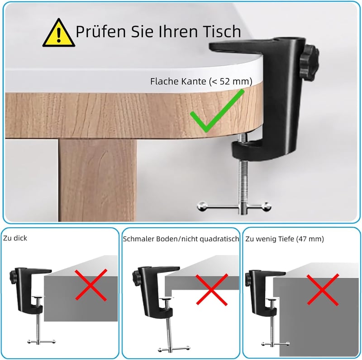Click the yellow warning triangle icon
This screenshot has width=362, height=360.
pos(59,34)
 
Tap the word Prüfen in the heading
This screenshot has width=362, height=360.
pos(102,32)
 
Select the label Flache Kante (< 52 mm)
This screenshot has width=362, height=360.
pos(201,82)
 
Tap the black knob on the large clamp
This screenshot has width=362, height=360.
pos(310,63)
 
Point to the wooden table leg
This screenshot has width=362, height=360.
pos(97,180)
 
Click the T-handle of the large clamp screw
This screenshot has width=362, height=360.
pos(234,206)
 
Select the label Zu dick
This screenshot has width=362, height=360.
pos(15,238)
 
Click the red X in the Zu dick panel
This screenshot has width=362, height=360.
pos(91,285)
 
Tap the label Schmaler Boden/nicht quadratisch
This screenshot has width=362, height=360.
pos(181,239)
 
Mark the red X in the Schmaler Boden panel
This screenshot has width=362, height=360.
pos(212,290)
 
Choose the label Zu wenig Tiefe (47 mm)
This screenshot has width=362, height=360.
pos(285,239)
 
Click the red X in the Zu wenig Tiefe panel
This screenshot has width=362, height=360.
pos(323,290)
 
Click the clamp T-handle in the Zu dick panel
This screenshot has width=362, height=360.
pos(42,341)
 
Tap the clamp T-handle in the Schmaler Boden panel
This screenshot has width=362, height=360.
pos(174,349)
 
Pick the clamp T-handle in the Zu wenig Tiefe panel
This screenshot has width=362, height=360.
pos(276,344)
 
